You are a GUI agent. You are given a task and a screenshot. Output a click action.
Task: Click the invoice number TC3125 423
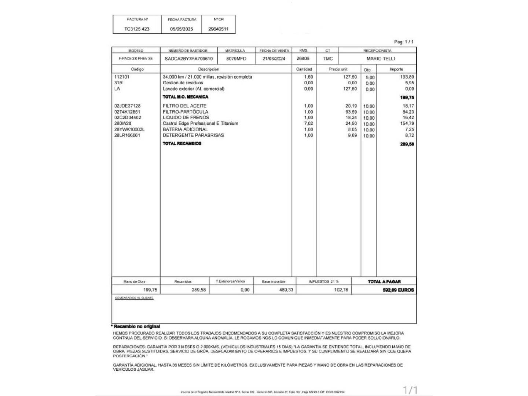(x=137, y=29)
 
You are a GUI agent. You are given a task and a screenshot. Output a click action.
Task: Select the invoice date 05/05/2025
(x=181, y=29)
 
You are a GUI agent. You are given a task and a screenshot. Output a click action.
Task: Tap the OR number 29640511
(x=218, y=29)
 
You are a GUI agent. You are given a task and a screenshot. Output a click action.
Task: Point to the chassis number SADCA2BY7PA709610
(x=188, y=59)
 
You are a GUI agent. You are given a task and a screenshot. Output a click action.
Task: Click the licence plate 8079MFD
(x=236, y=59)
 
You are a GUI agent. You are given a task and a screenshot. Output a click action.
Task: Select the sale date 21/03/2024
(x=274, y=59)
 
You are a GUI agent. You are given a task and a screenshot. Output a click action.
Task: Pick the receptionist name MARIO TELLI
(x=381, y=59)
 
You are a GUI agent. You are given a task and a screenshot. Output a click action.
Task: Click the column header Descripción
(x=208, y=69)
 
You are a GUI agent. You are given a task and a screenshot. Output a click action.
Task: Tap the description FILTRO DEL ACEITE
(x=184, y=106)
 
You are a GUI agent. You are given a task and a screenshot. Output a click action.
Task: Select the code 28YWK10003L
(x=129, y=129)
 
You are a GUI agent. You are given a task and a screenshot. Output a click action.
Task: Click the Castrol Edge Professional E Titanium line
(x=200, y=124)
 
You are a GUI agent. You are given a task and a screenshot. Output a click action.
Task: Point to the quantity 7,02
(x=308, y=124)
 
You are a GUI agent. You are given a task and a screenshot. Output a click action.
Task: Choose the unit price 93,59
(x=351, y=112)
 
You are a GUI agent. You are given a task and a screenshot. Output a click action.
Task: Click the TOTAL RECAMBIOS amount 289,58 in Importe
(x=407, y=144)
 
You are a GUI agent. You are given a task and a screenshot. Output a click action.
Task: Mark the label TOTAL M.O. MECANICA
(x=185, y=97)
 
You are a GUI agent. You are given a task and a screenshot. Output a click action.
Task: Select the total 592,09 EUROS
(x=398, y=290)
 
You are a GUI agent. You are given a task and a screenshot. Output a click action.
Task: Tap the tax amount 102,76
(x=341, y=290)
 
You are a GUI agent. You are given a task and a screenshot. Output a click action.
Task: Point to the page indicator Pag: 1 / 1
(x=404, y=42)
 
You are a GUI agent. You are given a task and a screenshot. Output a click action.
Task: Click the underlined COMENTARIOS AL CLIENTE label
(x=134, y=298)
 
